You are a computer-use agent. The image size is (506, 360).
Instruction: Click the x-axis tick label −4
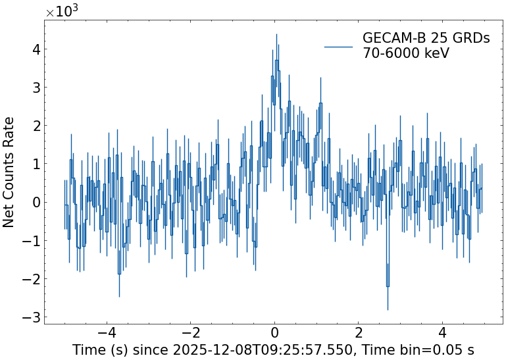[x=107, y=332]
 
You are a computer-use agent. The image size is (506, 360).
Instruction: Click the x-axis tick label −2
[x=190, y=332]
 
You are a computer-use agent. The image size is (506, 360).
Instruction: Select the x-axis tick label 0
[x=274, y=332]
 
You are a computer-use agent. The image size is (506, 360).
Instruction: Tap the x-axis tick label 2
[x=359, y=332]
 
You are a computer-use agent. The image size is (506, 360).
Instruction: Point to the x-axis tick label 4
[x=442, y=332]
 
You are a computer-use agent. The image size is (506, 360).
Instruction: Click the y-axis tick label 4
[x=36, y=49]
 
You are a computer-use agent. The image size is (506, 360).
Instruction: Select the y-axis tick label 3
[x=36, y=88]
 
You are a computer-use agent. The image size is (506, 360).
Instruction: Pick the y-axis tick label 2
[x=36, y=126]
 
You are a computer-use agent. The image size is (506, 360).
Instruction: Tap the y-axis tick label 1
[x=36, y=164]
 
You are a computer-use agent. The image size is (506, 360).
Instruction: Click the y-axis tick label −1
[x=31, y=241]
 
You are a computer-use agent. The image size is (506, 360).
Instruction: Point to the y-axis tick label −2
[x=31, y=279]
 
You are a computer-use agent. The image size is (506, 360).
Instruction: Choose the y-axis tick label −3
[x=31, y=317]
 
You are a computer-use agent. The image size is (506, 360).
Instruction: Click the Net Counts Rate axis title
[x=9, y=172]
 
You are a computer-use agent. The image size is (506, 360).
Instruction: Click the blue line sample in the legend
[x=340, y=46]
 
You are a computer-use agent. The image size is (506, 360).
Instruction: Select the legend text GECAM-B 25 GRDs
[x=426, y=39]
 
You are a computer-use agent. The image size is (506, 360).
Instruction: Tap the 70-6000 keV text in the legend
[x=406, y=53]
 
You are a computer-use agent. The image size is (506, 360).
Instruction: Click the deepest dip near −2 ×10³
[x=388, y=286]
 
